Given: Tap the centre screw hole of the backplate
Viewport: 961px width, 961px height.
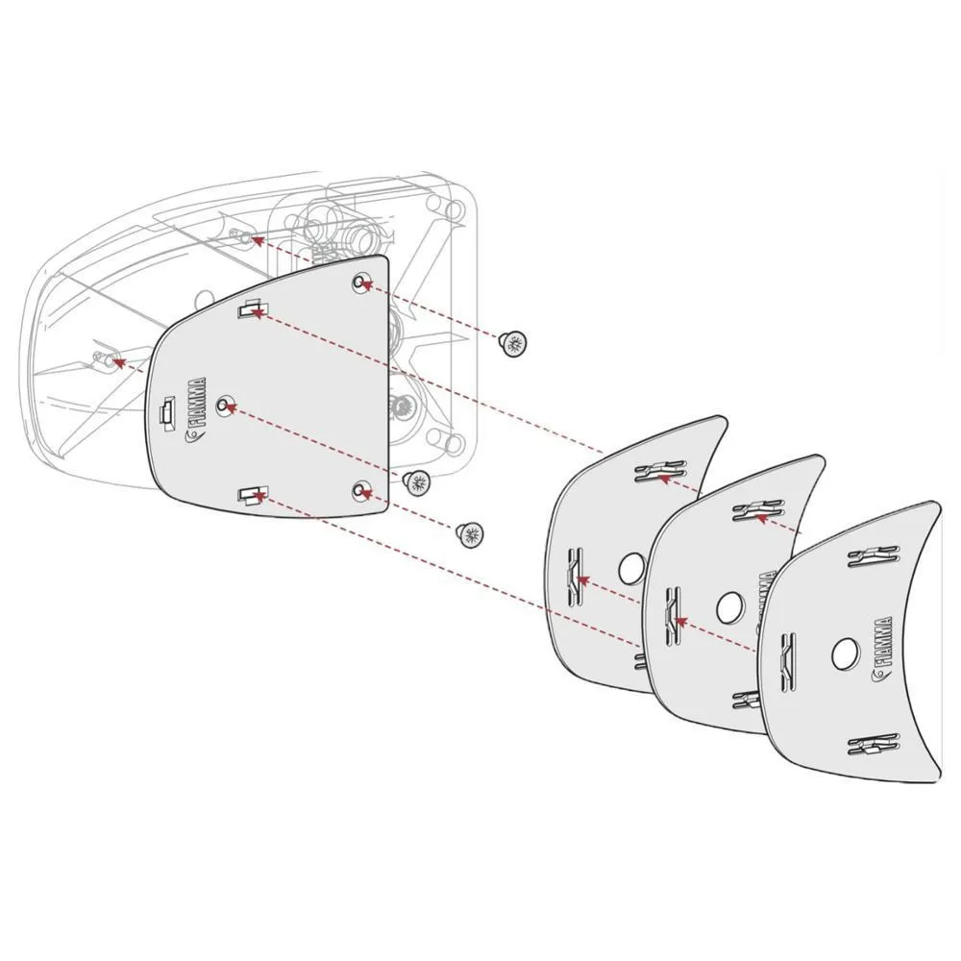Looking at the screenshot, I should (x=225, y=406).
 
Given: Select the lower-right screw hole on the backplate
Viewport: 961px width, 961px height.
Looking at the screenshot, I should (x=360, y=491).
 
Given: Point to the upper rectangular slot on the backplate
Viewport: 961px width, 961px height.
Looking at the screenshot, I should (x=251, y=309).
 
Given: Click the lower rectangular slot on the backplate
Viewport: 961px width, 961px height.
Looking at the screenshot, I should (x=251, y=495).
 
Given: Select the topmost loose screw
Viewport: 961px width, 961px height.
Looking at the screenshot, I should (x=515, y=342).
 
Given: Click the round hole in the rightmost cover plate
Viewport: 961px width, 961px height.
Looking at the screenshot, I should (x=846, y=653).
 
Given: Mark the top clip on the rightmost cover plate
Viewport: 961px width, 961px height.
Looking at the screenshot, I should (x=874, y=554).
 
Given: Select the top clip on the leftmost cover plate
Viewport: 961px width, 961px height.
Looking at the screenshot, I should (x=661, y=471).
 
